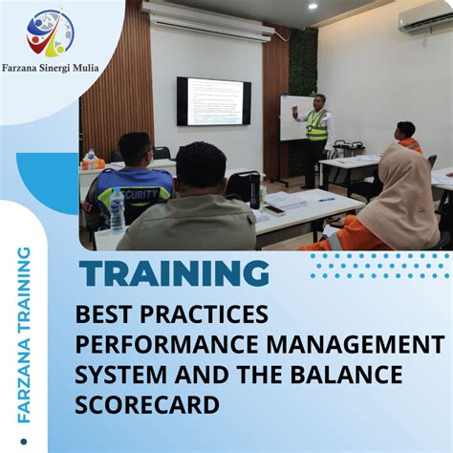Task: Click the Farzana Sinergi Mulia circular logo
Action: click(50, 34)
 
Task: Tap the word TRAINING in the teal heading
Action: click(174, 273)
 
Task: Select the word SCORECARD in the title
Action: click(147, 405)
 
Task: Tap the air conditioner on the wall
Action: click(425, 21)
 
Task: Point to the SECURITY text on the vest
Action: click(139, 191)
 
